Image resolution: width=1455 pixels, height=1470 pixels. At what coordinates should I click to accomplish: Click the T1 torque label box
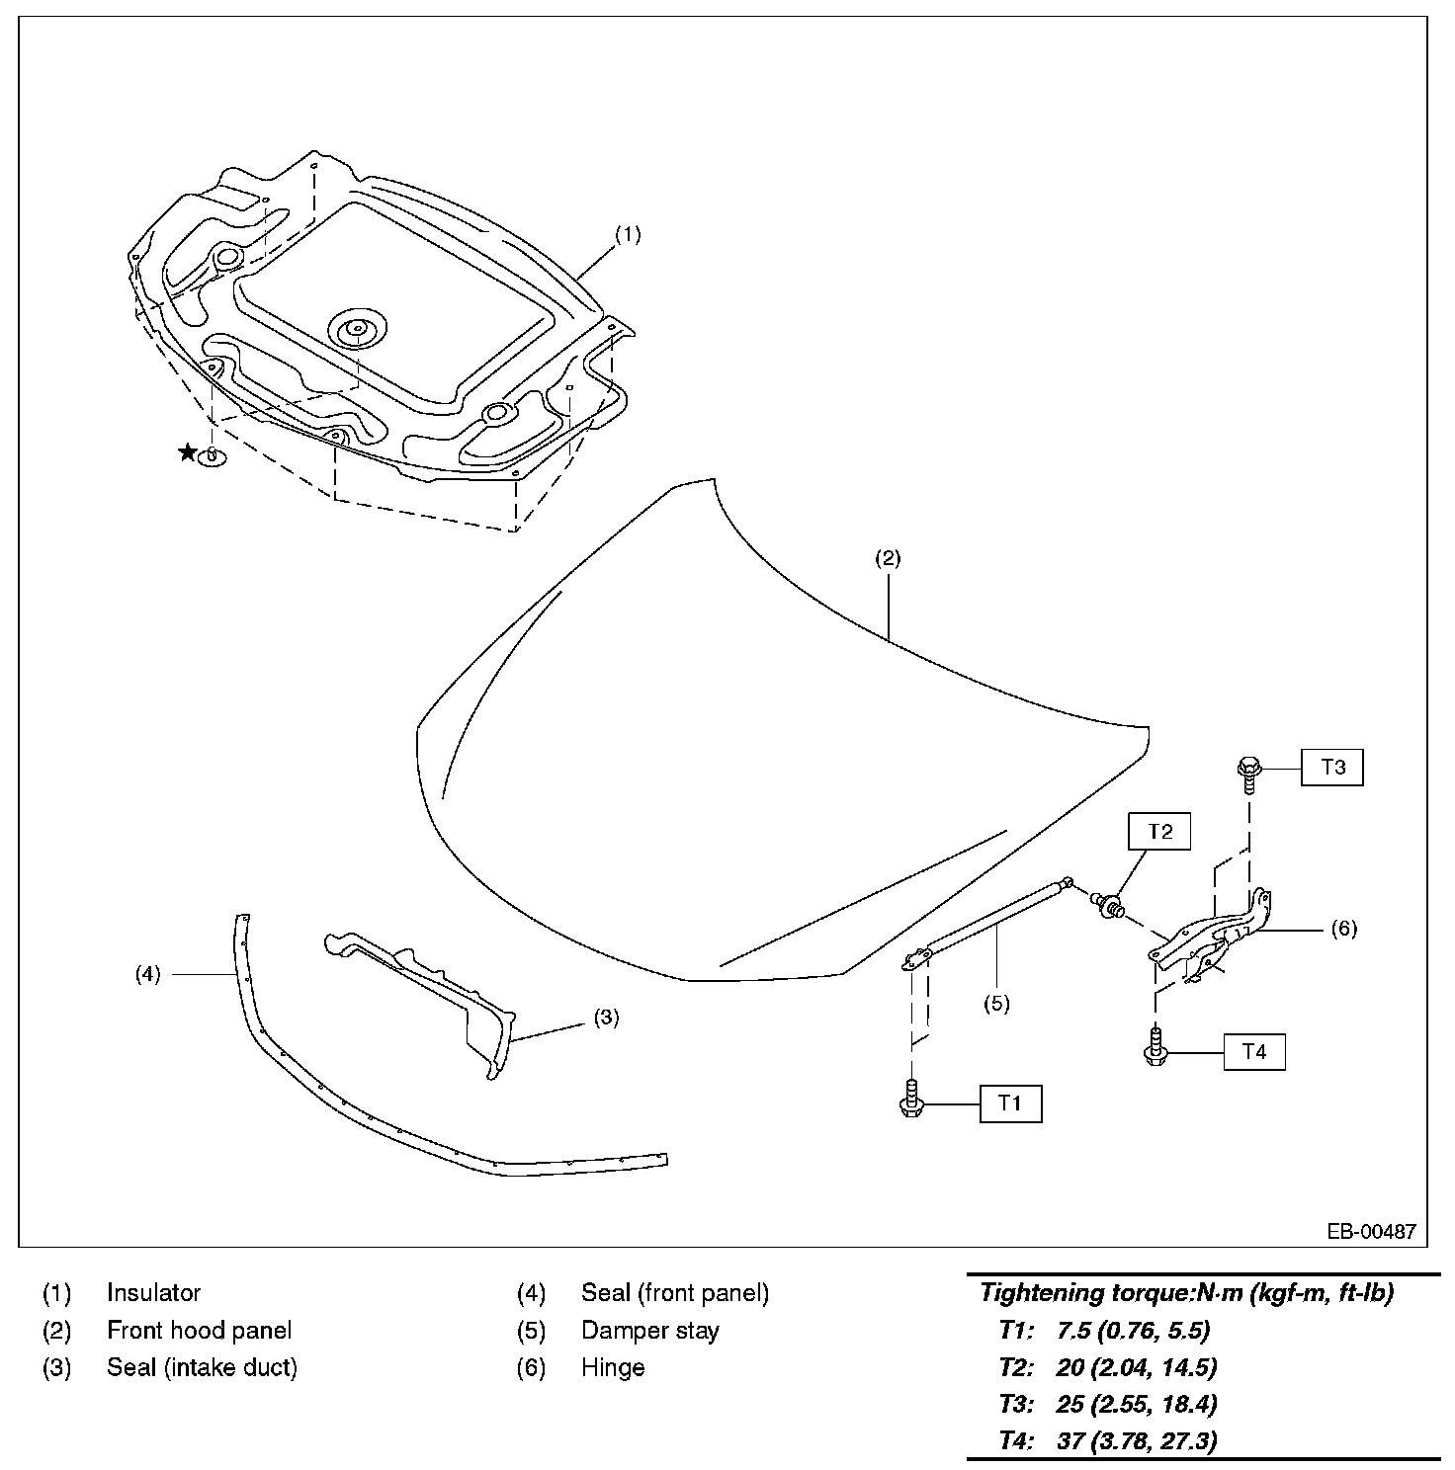(1010, 1103)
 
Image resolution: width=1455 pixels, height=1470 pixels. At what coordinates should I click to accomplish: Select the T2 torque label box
(1159, 832)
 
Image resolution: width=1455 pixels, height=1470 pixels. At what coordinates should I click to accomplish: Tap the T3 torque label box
(1331, 767)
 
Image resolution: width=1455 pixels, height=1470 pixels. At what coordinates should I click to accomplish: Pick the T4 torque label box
(1253, 1052)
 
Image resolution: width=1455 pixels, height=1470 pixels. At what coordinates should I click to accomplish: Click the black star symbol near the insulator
(187, 452)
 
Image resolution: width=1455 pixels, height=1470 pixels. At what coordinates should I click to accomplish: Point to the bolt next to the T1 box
(911, 1100)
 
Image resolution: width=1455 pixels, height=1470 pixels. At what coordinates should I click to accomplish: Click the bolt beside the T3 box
(1247, 772)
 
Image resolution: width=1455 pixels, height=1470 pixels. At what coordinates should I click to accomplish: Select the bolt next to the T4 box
(1155, 1048)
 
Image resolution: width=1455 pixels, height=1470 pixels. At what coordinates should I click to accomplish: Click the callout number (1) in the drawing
(628, 235)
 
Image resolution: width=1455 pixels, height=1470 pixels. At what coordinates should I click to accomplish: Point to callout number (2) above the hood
(887, 558)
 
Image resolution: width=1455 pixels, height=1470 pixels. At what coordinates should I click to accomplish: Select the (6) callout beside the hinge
(1343, 929)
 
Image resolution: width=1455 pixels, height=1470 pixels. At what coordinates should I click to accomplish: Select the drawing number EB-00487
(1371, 1232)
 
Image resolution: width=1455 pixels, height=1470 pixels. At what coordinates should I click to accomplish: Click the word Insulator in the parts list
(153, 1292)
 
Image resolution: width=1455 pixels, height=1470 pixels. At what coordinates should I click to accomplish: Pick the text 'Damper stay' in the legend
(649, 1330)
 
